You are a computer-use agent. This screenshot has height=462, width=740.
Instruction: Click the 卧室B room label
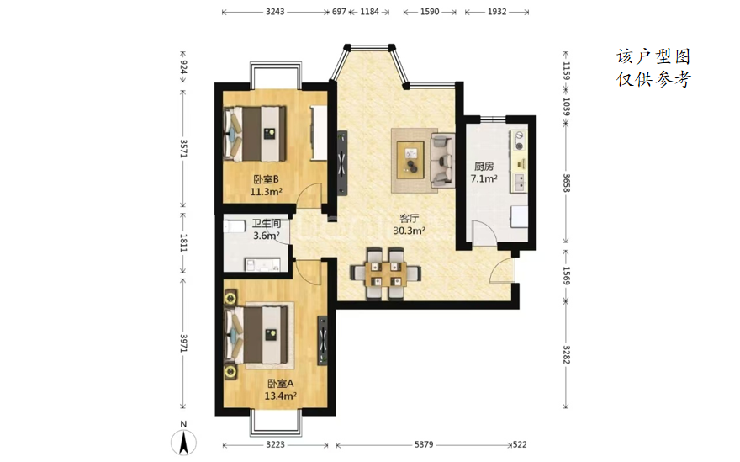pyautogui.click(x=267, y=179)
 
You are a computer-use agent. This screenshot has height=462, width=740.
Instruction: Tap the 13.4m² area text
pyautogui.click(x=280, y=396)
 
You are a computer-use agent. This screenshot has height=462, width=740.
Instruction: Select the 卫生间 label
pyautogui.click(x=267, y=224)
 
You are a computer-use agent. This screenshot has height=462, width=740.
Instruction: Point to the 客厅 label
pyautogui.click(x=410, y=219)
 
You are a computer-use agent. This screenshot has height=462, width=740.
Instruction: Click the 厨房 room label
pyautogui.click(x=484, y=167)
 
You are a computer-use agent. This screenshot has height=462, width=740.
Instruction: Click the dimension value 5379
pyautogui.click(x=424, y=444)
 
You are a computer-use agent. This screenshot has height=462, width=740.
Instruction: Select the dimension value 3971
pyautogui.click(x=183, y=343)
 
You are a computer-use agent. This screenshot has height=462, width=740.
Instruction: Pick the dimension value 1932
pyautogui.click(x=497, y=12)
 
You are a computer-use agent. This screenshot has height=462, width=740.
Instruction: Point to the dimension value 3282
pyautogui.click(x=566, y=354)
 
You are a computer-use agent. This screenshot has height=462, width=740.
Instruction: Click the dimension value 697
pyautogui.click(x=339, y=12)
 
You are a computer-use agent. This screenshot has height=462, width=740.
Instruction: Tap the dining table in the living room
pyautogui.click(x=386, y=274)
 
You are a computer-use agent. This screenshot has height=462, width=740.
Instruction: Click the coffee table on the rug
pyautogui.click(x=411, y=160)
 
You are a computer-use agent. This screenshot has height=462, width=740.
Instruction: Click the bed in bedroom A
pyautogui.click(x=256, y=335)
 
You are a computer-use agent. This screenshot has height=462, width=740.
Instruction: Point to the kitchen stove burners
pyautogui.click(x=519, y=141)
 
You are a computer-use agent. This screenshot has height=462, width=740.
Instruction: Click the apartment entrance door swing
pyautogui.click(x=502, y=271)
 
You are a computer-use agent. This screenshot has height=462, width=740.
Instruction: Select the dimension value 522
pyautogui.click(x=520, y=444)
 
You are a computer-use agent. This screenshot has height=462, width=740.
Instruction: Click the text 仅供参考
pyautogui.click(x=654, y=79)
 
